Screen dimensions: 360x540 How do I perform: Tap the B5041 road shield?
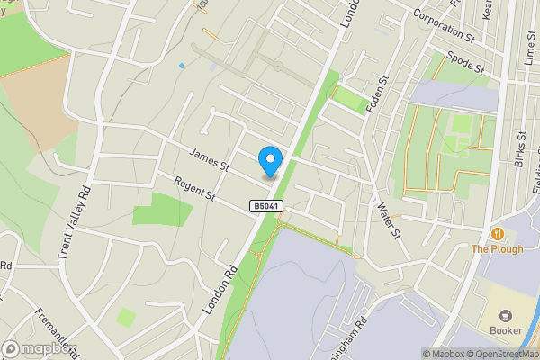coord(263,207)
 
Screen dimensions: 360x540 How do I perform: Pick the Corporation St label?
coord(444,27)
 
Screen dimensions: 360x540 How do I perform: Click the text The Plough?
coord(497,249)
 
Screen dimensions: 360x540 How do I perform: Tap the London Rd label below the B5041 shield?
coord(220,290)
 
